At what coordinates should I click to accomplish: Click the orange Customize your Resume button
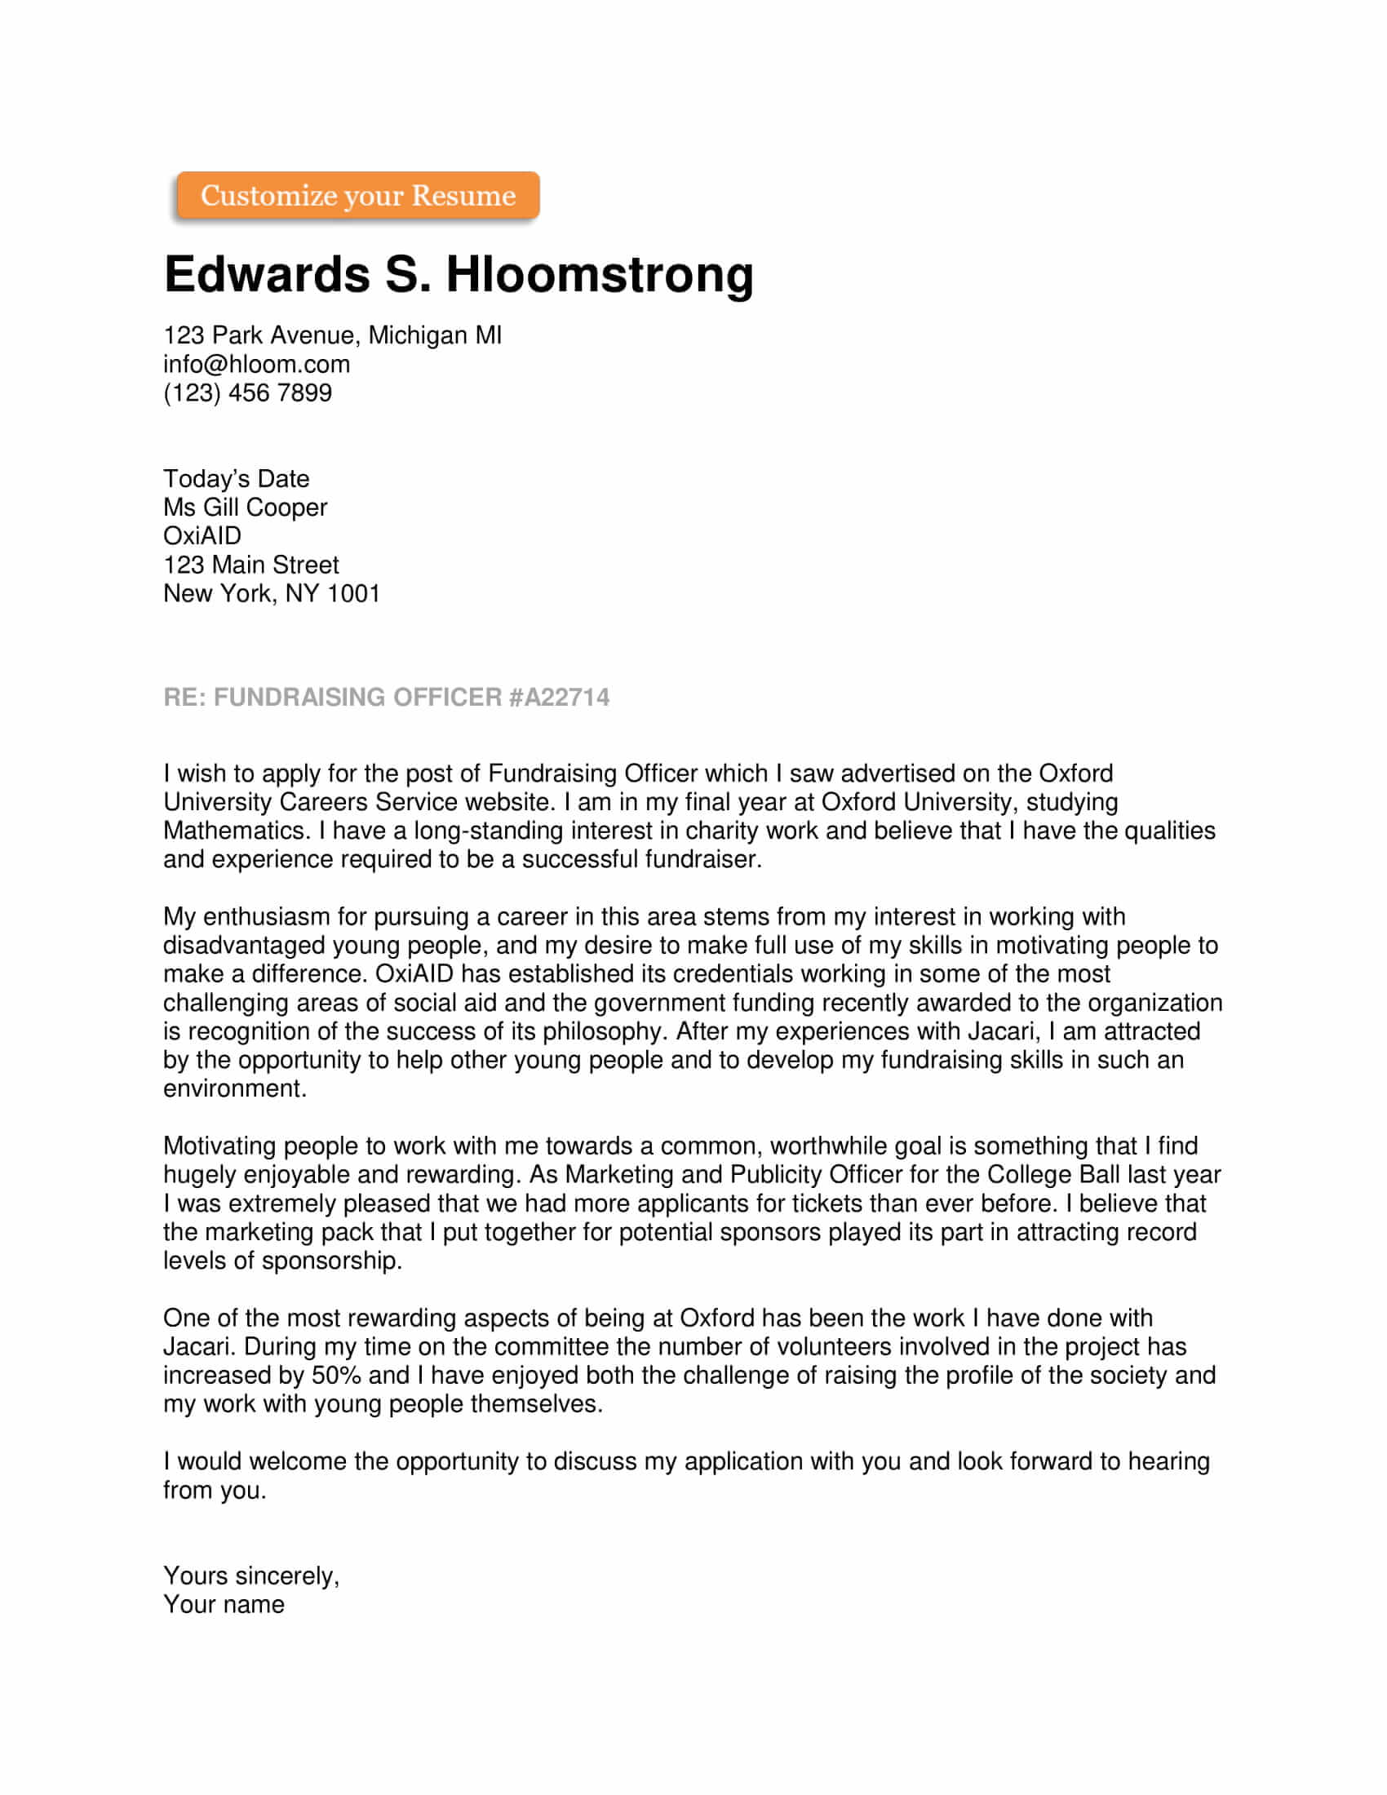click(357, 196)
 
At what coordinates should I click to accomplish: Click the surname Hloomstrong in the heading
click(599, 274)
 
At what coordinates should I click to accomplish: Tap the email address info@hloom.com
click(256, 364)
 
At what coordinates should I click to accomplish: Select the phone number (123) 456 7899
click(247, 393)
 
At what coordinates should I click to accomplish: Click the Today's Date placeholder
click(236, 478)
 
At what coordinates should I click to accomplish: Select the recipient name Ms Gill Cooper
click(245, 507)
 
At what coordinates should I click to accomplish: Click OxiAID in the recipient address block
click(202, 536)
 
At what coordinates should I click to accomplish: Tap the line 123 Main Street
click(250, 565)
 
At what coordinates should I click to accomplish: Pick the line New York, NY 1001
click(271, 593)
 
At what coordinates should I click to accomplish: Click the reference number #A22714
click(559, 697)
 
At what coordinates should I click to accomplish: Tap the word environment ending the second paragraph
click(234, 1089)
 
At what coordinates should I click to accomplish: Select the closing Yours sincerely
click(250, 1576)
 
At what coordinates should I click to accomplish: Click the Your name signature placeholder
click(224, 1604)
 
